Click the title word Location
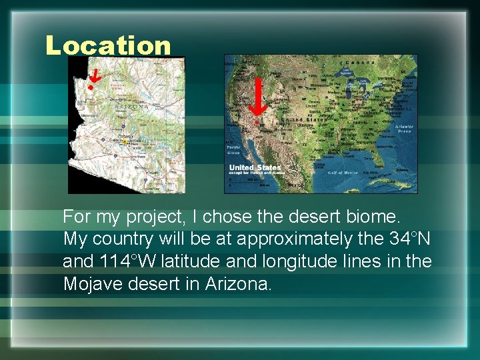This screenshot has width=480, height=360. (x=108, y=46)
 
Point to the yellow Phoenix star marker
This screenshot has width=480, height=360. (x=124, y=141)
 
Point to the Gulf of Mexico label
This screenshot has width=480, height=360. (x=343, y=173)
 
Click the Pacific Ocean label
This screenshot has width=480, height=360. (x=233, y=148)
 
